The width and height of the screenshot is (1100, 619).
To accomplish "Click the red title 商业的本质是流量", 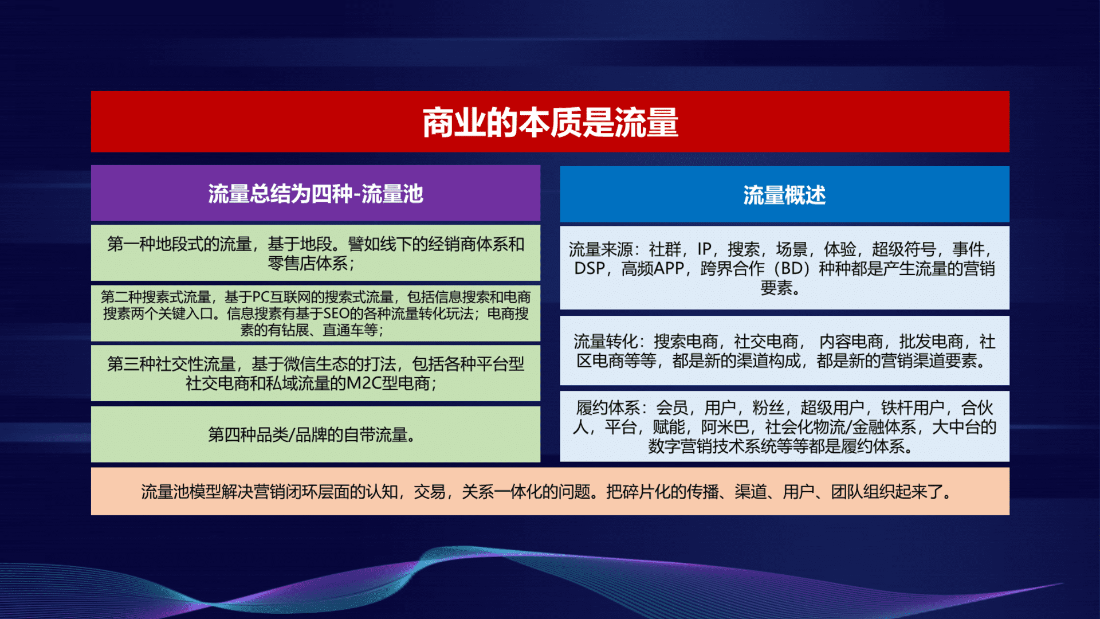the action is [x=550, y=122].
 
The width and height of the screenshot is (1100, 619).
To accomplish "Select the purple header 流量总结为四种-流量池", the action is [x=316, y=194].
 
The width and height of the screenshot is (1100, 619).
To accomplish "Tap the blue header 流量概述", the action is [x=784, y=195].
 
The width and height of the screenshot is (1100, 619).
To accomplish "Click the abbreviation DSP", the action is [x=590, y=268].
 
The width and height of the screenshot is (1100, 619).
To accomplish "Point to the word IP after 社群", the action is [x=704, y=249].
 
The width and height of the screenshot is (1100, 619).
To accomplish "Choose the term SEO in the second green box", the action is [x=336, y=314].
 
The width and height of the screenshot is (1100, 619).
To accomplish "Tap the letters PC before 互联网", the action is [x=261, y=297].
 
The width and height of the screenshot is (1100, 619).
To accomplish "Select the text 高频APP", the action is [x=653, y=268].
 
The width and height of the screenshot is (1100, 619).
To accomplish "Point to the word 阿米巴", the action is [x=725, y=427].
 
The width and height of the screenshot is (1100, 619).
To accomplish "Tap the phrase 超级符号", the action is [x=904, y=249].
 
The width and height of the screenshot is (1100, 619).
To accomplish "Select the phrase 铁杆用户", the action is [x=913, y=408].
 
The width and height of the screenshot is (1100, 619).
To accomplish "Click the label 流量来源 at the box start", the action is [x=600, y=249].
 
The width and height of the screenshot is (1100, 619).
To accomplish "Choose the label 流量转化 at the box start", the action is [x=606, y=342].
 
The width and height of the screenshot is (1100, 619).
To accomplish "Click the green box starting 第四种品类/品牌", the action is [x=316, y=434].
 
